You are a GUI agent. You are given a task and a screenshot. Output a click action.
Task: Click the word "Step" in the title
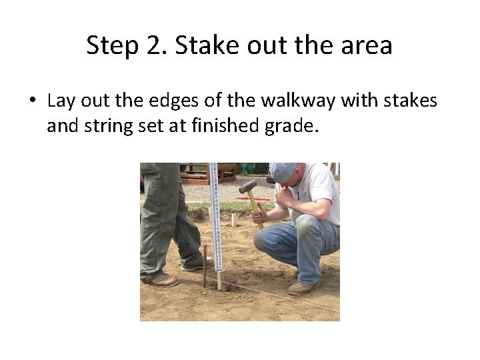click(x=109, y=45)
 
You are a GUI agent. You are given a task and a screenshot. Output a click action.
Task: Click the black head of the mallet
click(x=248, y=187)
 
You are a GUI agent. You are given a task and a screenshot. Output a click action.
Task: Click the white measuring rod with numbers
click(x=215, y=213)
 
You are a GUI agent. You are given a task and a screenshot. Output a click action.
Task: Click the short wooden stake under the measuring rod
click(x=221, y=280)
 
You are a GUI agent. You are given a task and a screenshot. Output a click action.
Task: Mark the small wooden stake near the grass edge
click(x=233, y=220)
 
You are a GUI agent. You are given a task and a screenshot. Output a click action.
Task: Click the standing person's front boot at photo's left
click(x=163, y=279)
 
